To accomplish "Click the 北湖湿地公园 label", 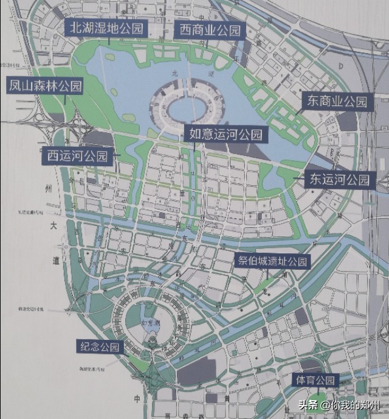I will click(x=106, y=28).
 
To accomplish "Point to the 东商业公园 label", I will click(x=337, y=101).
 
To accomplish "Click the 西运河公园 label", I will click(x=77, y=156).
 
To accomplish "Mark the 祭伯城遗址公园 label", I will click(x=273, y=262).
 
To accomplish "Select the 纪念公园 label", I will click(x=100, y=347).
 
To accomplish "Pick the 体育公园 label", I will click(x=315, y=381).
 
